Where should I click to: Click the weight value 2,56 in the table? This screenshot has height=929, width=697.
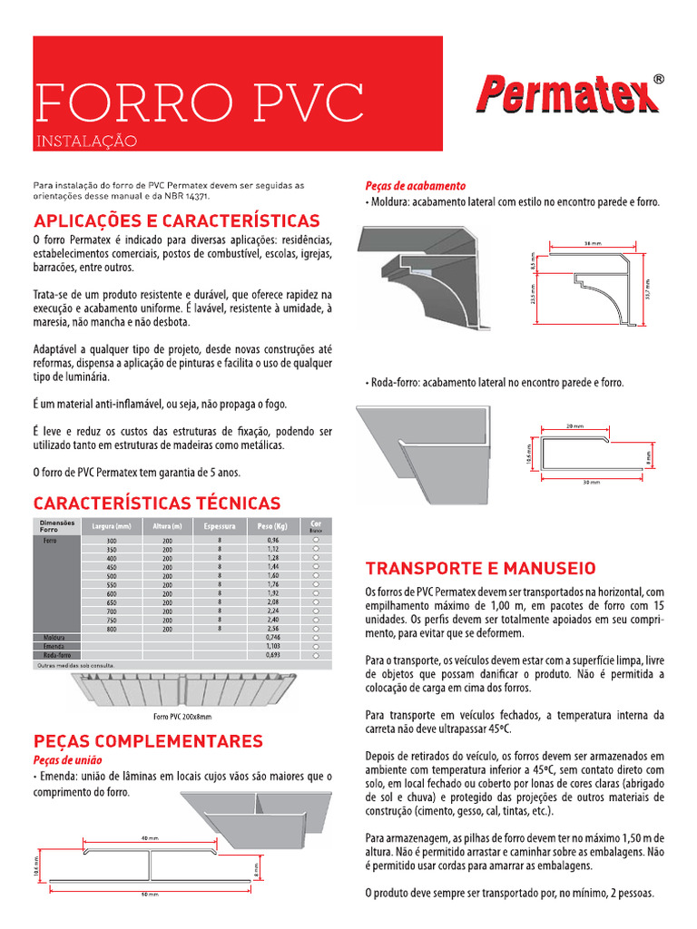pyautogui.click(x=273, y=628)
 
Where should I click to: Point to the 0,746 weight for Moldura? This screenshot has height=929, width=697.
pyautogui.click(x=273, y=637)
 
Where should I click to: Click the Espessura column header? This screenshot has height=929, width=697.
pyautogui.click(x=220, y=526)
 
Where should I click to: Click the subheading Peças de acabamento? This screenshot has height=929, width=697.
pyautogui.click(x=415, y=185)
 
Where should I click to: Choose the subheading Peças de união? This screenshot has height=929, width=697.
pyautogui.click(x=68, y=759)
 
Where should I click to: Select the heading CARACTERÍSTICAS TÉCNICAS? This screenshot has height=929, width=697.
pyautogui.click(x=157, y=503)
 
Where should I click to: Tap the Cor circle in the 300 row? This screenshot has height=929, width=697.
pyautogui.click(x=316, y=541)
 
